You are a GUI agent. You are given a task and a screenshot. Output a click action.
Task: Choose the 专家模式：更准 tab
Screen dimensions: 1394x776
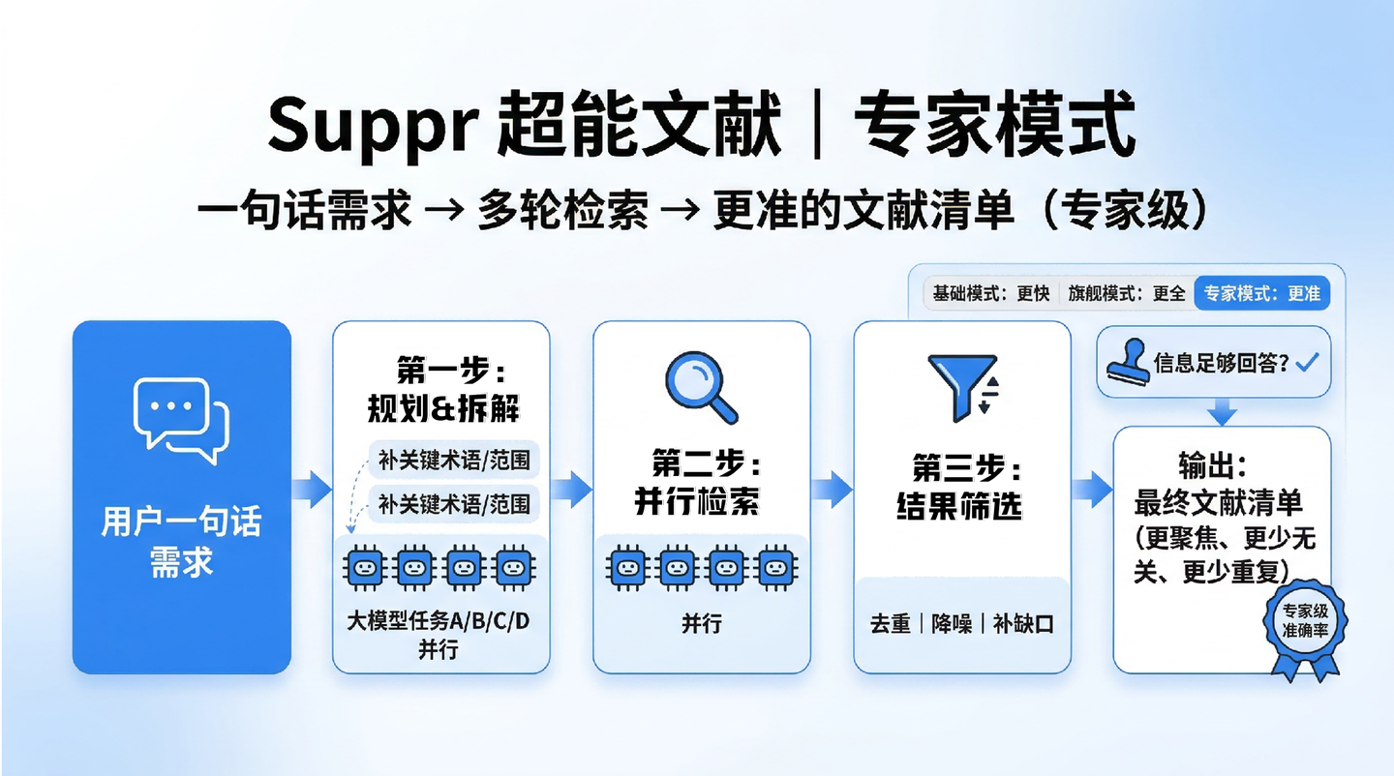coord(1262,293)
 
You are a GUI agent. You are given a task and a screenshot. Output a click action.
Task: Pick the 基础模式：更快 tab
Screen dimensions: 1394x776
coord(990,293)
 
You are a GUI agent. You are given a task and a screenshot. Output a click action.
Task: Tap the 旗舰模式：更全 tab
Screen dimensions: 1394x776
coord(1126,293)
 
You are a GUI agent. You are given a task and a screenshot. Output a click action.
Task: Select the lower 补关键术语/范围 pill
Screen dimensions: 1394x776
coord(454,504)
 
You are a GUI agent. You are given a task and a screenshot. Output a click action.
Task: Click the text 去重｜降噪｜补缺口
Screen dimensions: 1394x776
coord(961,624)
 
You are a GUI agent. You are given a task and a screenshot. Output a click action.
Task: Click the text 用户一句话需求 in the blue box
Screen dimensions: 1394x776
coord(181,542)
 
